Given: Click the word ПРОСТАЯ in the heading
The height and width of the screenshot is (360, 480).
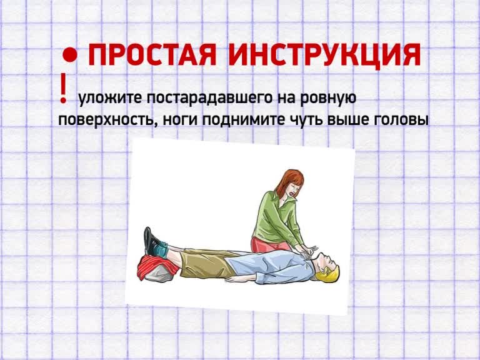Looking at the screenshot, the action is point(152,55).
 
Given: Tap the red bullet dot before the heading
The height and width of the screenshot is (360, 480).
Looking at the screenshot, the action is point(69,55).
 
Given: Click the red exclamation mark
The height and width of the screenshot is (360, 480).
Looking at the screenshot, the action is point(63,87).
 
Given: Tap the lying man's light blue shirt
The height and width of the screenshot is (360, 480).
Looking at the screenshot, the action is point(269,267).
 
